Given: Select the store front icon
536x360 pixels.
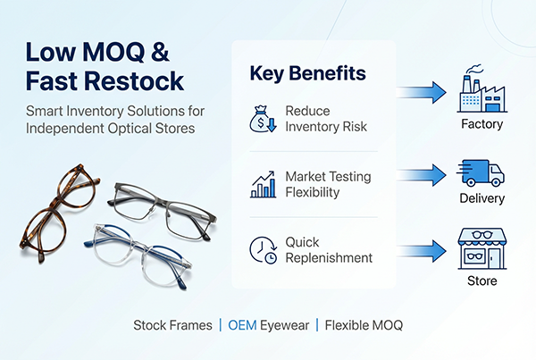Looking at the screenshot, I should (x=481, y=249).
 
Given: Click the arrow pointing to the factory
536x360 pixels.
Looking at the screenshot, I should (x=422, y=91).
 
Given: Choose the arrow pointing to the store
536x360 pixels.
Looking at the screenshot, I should (x=422, y=250).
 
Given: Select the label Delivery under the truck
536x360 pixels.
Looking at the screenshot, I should (x=482, y=198).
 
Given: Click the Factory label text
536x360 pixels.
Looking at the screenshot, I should (x=482, y=125).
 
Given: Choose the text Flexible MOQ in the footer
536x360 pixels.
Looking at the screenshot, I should (x=364, y=325).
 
